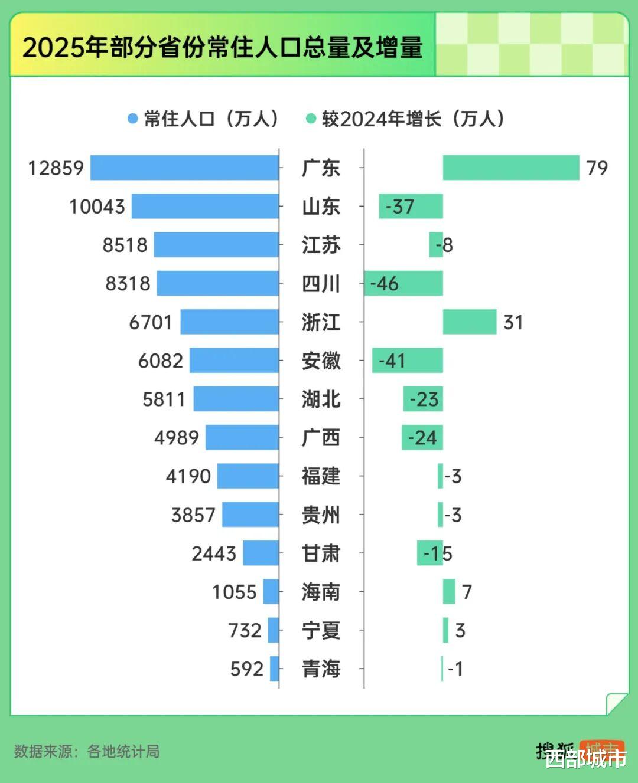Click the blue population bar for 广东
pyautogui.click(x=184, y=168)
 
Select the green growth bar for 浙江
pyautogui.click(x=470, y=322)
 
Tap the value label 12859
pyautogui.click(x=56, y=168)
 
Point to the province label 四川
pyautogui.click(x=321, y=284)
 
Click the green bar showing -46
pyautogui.click(x=403, y=283)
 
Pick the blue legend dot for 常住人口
pyautogui.click(x=133, y=119)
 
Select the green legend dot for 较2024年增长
pyautogui.click(x=311, y=119)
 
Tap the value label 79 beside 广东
pyautogui.click(x=597, y=168)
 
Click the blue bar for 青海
pyautogui.click(x=274, y=669)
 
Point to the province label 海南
pyautogui.click(x=321, y=592)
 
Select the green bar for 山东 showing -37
pyautogui.click(x=411, y=207)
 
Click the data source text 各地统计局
pyautogui.click(x=123, y=752)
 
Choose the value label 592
pyautogui.click(x=247, y=669)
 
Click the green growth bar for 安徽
pyautogui.click(x=408, y=361)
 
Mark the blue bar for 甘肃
pyautogui.click(x=261, y=553)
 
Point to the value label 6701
pyautogui.click(x=151, y=323)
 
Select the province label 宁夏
pyautogui.click(x=321, y=631)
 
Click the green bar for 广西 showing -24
pyautogui.click(x=422, y=438)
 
